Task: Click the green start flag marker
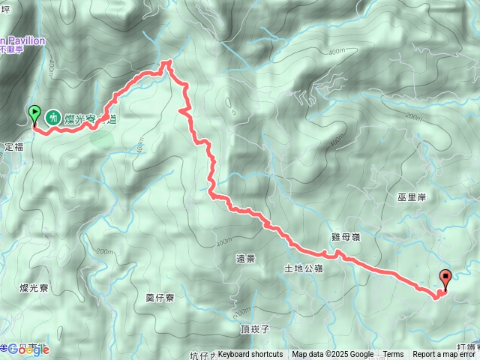tap(34, 115)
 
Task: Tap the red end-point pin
tap(446, 279)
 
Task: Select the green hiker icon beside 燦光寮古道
tap(53, 117)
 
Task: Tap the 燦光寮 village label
tap(34, 287)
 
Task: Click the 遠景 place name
tap(245, 259)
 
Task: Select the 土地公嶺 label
tap(303, 268)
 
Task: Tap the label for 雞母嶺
tap(346, 236)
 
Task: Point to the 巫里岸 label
tap(412, 197)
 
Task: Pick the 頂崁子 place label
tap(255, 329)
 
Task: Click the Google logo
tap(28, 350)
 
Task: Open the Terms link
tap(393, 355)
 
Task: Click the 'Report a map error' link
tap(445, 355)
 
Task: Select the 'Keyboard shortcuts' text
tap(250, 355)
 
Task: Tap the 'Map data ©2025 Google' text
tap(333, 355)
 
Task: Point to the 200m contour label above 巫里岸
tap(412, 117)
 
